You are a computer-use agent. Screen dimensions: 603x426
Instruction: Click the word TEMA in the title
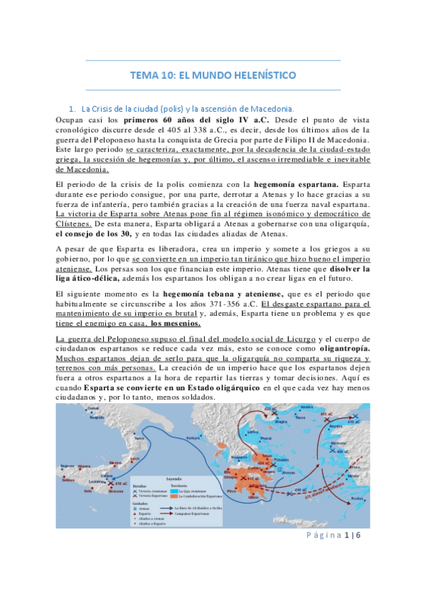[147, 75]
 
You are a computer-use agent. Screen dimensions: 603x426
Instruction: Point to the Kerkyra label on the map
[192, 439]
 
